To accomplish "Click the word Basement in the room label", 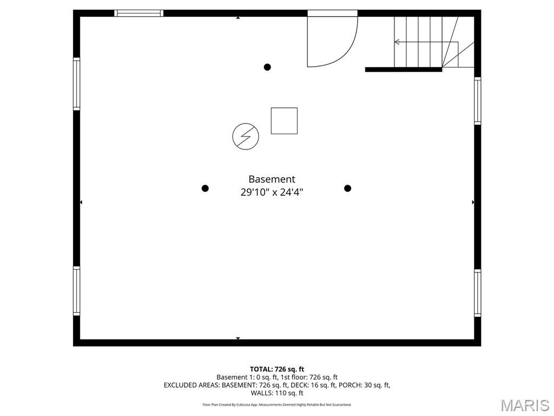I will tap(272, 179).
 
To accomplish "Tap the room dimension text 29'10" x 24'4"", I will tap(272, 192).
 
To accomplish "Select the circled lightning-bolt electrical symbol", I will tap(246, 136).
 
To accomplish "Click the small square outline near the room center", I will tap(284, 121).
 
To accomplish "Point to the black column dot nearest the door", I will tap(267, 67).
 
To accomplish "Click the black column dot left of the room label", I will tap(205, 188).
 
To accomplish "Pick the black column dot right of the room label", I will tap(348, 188).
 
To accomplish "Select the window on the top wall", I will tap(139, 13).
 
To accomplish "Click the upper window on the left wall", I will tap(77, 84).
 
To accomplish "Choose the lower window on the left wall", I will tap(77, 291).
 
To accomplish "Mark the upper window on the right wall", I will tap(478, 101).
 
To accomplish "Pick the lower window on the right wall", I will tap(478, 293).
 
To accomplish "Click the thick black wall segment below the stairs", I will tap(404, 69).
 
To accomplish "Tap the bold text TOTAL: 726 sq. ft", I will tap(280, 369).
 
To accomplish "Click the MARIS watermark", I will tap(525, 405).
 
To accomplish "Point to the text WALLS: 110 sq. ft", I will tap(278, 393).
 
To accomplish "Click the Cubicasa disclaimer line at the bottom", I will tap(277, 405).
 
